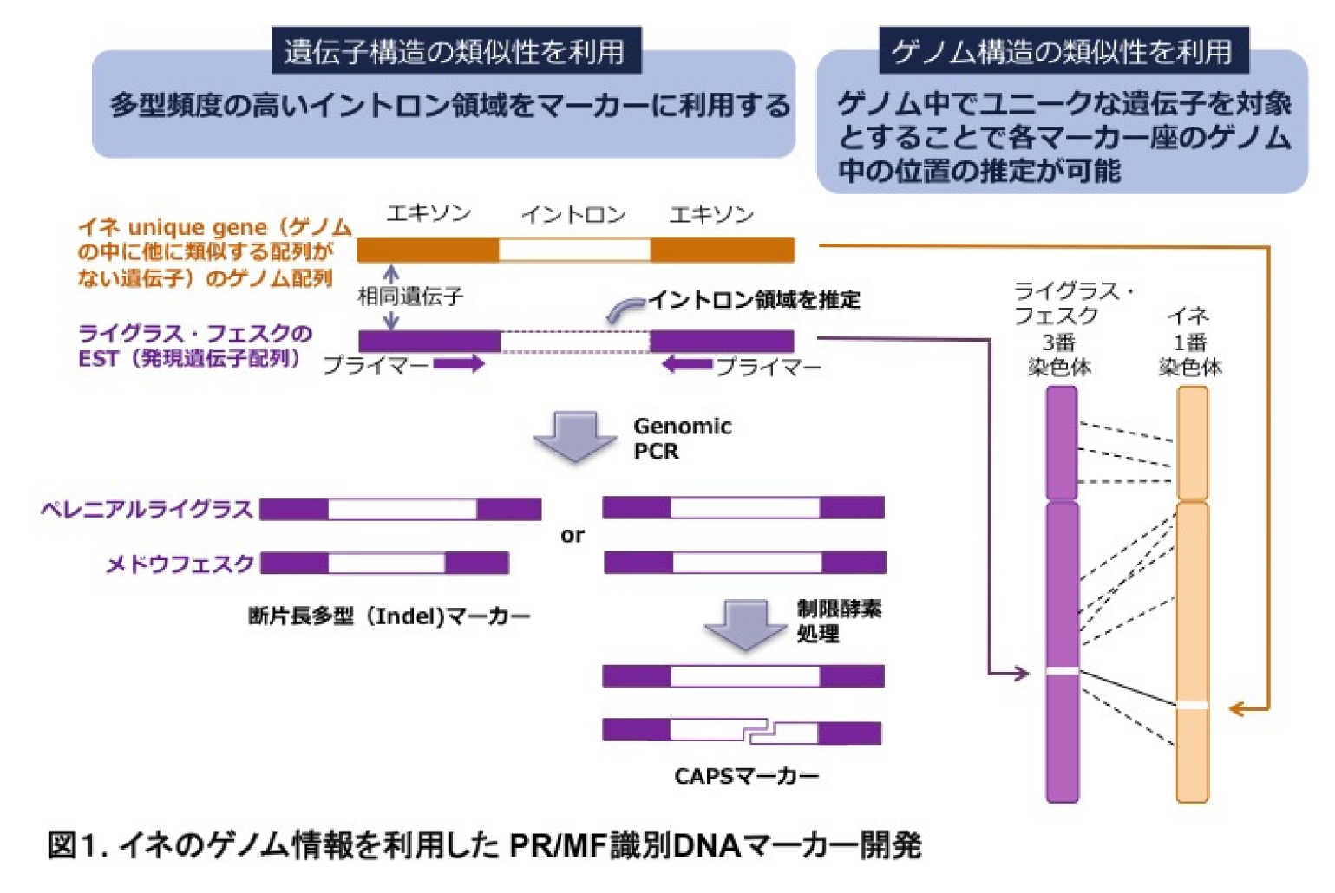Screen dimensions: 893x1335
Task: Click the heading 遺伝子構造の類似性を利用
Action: (455, 51)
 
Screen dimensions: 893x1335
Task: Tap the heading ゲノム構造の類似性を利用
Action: (1062, 51)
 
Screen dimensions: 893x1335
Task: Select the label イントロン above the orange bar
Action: (573, 214)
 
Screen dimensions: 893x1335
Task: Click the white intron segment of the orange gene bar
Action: (574, 251)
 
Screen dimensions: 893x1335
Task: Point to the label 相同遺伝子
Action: (411, 297)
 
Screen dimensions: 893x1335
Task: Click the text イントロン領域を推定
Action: (754, 300)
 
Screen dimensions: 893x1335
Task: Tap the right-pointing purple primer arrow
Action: (459, 364)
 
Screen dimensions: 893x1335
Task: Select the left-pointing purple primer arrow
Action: (687, 364)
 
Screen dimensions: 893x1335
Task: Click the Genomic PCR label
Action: (682, 439)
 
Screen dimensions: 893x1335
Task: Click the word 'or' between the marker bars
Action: (572, 535)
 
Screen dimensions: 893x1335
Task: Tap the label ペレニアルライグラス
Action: (147, 509)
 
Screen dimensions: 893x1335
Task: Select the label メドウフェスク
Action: (180, 564)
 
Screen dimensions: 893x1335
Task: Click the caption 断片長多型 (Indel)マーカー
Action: (389, 616)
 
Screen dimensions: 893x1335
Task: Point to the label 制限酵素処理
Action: (838, 621)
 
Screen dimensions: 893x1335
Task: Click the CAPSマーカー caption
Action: (746, 776)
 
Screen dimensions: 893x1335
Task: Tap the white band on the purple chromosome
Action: (1062, 671)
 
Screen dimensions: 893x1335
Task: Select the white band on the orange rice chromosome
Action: (1192, 705)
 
